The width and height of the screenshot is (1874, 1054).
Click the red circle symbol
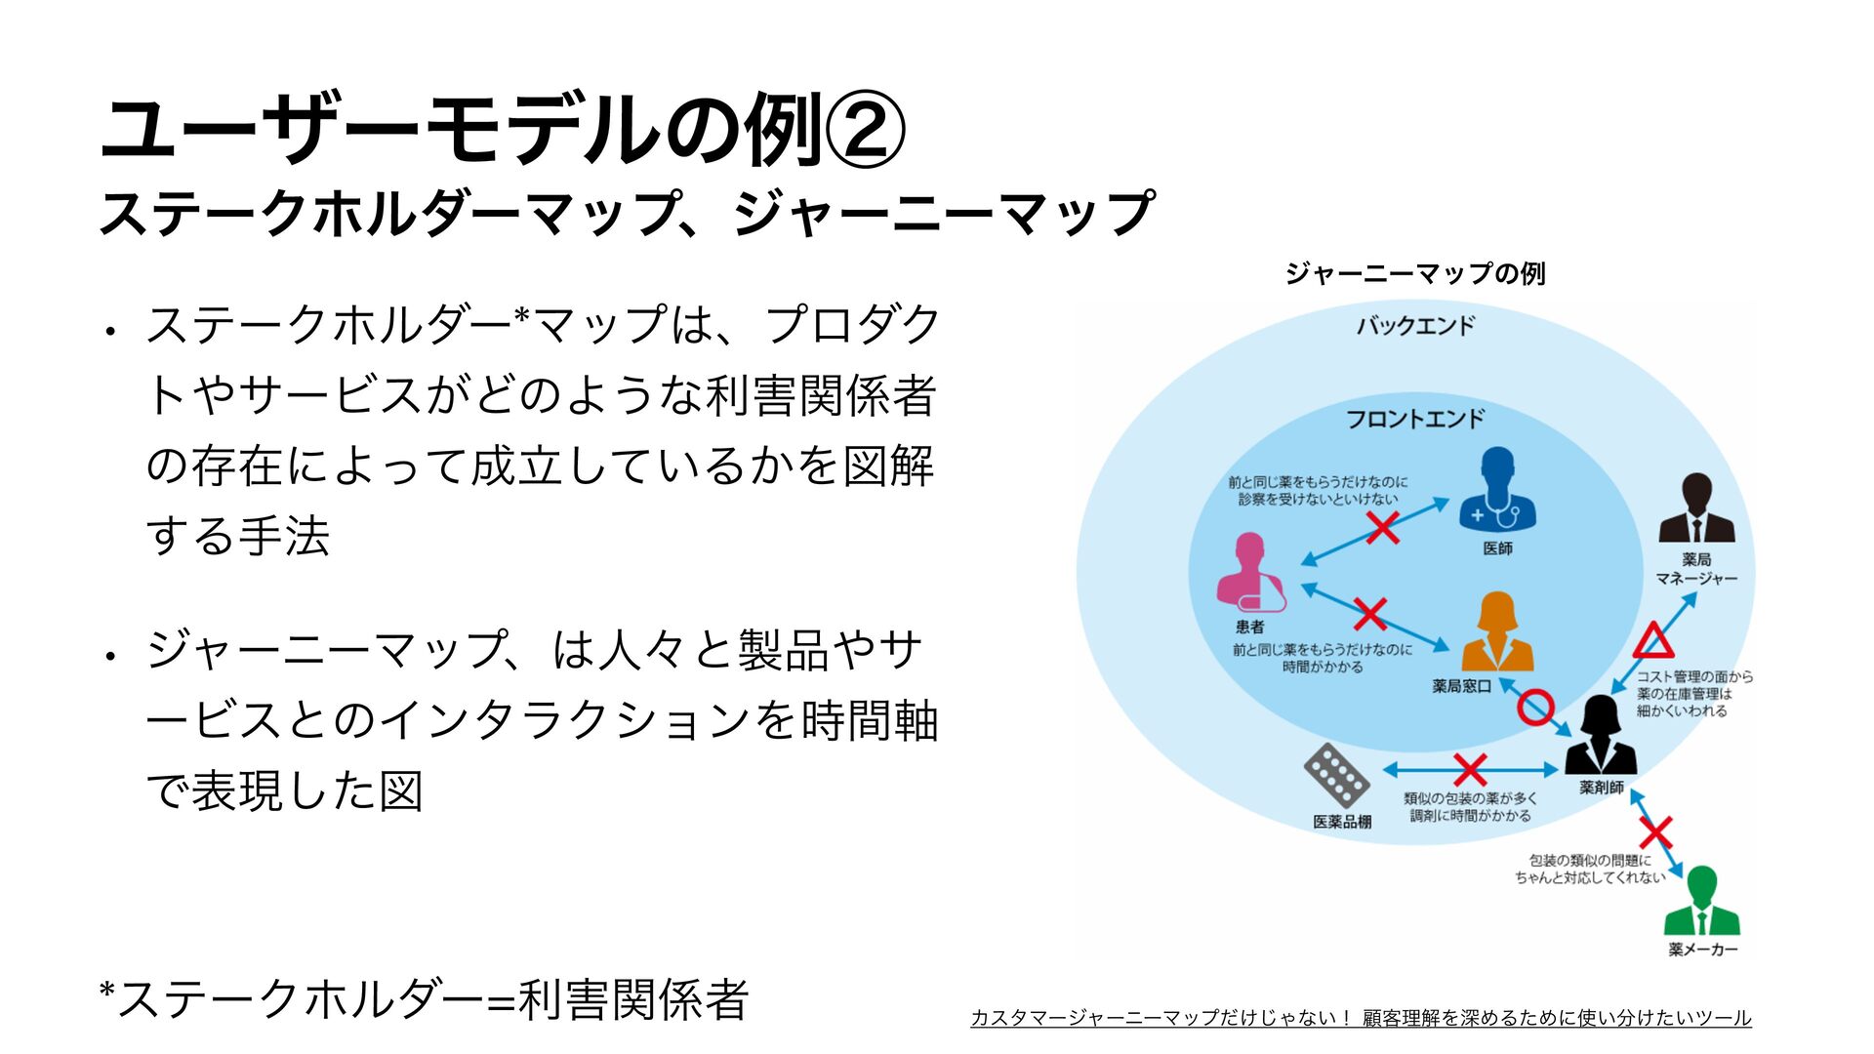[1535, 708]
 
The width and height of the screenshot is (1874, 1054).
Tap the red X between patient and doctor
[1382, 529]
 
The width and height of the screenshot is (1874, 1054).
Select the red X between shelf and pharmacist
[1470, 770]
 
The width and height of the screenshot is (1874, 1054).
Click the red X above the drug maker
[1655, 832]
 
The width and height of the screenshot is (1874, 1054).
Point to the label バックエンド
[1415, 326]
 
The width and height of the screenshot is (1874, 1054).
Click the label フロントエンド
[1415, 419]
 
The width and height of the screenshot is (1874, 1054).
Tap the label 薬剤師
[1602, 788]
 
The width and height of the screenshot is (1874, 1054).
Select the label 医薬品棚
[1342, 822]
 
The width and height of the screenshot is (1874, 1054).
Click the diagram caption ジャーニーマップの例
[1415, 273]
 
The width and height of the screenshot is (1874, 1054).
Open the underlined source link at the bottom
[1361, 1018]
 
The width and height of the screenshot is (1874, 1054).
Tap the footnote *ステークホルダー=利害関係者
[425, 999]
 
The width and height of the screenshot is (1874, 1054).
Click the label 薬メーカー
[1703, 950]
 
